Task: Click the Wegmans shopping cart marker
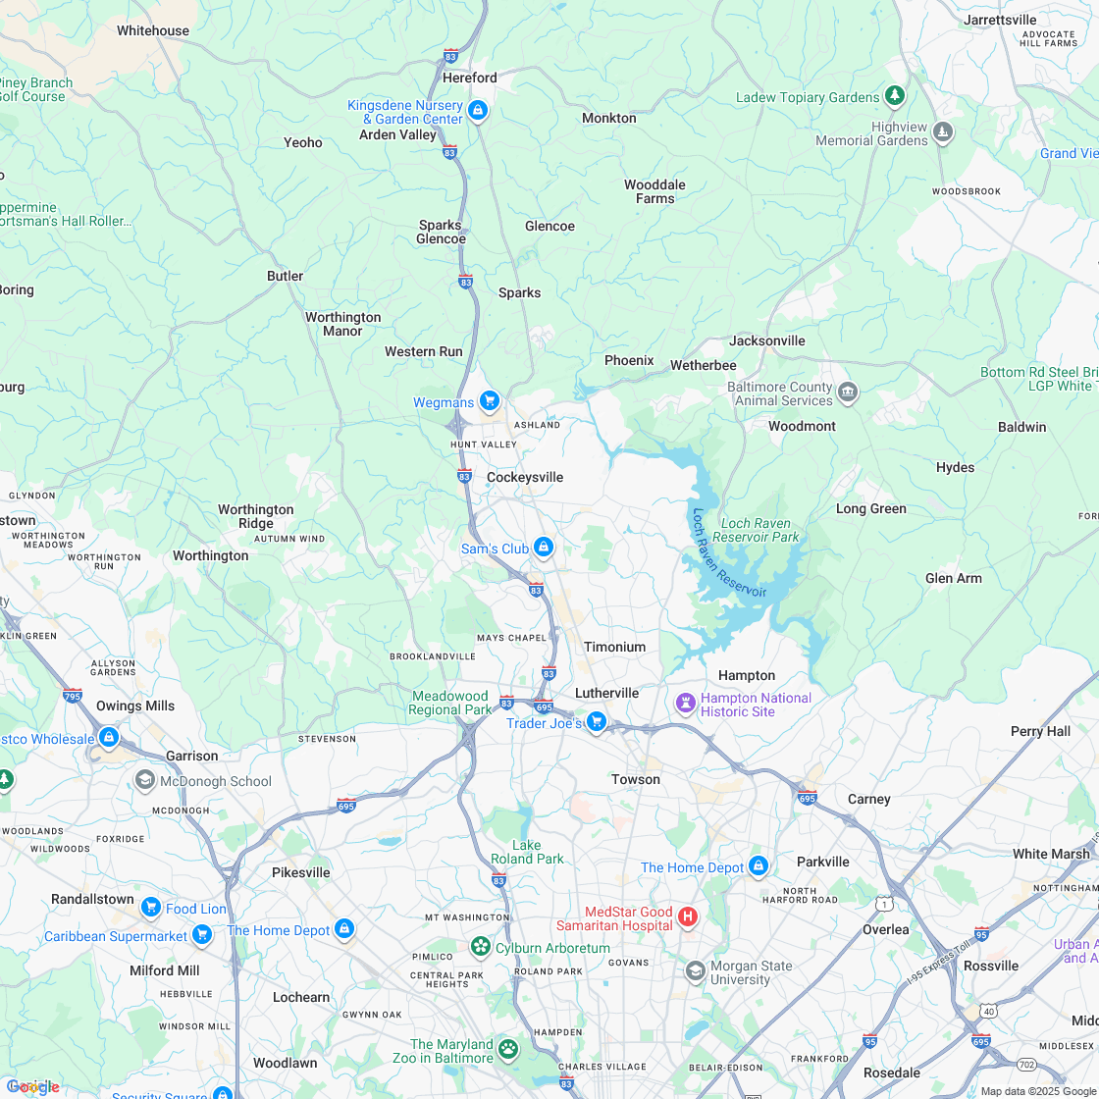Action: coord(489,401)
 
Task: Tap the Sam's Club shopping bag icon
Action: coord(544,548)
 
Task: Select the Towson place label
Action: coord(636,779)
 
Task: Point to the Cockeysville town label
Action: coord(525,477)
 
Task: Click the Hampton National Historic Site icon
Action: coord(686,704)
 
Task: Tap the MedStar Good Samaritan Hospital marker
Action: coord(688,917)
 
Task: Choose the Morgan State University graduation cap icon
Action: coord(695,971)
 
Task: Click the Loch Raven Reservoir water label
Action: coord(727,554)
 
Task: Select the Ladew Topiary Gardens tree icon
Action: coord(894,96)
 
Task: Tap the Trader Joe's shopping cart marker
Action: coord(596,723)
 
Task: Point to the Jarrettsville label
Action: coord(1000,20)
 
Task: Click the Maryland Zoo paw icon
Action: coord(507,1050)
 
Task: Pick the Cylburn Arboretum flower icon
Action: coord(481,947)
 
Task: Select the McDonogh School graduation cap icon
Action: coord(145,780)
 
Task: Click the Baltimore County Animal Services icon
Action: coord(848,392)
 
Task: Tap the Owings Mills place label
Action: coord(135,706)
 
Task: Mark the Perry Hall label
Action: coord(1040,731)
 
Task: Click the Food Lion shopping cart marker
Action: coord(150,908)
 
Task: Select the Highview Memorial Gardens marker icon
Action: coord(943,132)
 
